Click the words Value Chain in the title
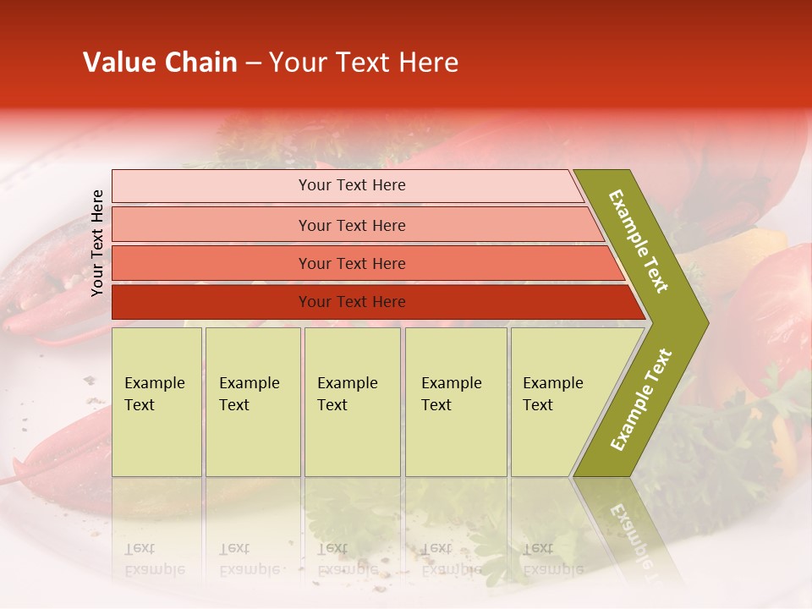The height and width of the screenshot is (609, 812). click(160, 63)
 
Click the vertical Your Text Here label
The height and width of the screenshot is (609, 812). click(97, 244)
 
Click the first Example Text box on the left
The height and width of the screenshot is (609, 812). click(156, 402)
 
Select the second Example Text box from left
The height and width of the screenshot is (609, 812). click(253, 402)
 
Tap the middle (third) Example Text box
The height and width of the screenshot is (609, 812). click(352, 402)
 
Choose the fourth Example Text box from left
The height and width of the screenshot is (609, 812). click(456, 402)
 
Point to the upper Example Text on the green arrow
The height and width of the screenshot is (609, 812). click(639, 241)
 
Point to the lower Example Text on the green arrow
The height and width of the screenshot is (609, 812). click(641, 399)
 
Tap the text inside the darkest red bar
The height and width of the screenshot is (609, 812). click(352, 302)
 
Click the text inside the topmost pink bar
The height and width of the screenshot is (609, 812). click(352, 185)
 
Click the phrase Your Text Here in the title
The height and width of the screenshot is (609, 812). click(364, 63)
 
